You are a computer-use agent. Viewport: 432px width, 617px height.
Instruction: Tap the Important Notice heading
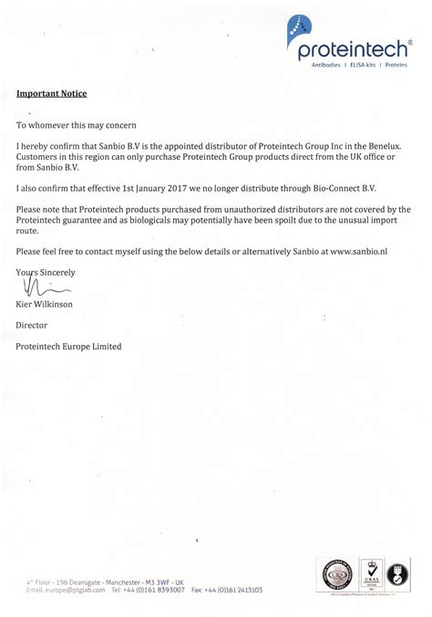click(51, 94)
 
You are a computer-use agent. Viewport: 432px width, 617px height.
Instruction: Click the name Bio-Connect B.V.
click(339, 187)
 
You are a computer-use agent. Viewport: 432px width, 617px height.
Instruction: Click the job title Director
click(31, 325)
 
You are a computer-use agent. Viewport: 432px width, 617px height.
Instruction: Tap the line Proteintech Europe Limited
click(68, 346)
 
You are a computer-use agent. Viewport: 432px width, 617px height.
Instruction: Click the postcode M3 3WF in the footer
click(158, 581)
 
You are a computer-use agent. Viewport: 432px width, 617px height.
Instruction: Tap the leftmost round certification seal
click(334, 575)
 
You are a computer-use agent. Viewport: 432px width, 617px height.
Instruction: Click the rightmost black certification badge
click(398, 574)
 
